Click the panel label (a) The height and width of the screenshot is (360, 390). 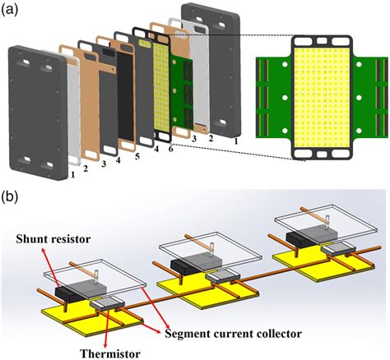[x=10, y=11]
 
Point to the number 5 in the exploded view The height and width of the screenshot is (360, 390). [x=137, y=156]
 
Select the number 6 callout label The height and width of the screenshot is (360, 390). [x=170, y=150]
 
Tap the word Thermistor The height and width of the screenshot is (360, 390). [x=110, y=353]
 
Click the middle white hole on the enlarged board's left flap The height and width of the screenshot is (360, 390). [x=285, y=98]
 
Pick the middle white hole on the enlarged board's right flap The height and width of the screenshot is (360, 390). [x=359, y=98]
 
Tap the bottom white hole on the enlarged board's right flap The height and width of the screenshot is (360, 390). [x=359, y=131]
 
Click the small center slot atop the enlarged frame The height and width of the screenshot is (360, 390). [x=322, y=41]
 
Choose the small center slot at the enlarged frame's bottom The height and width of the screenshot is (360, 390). [x=322, y=154]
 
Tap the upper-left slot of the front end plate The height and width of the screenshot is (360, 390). [x=23, y=63]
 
